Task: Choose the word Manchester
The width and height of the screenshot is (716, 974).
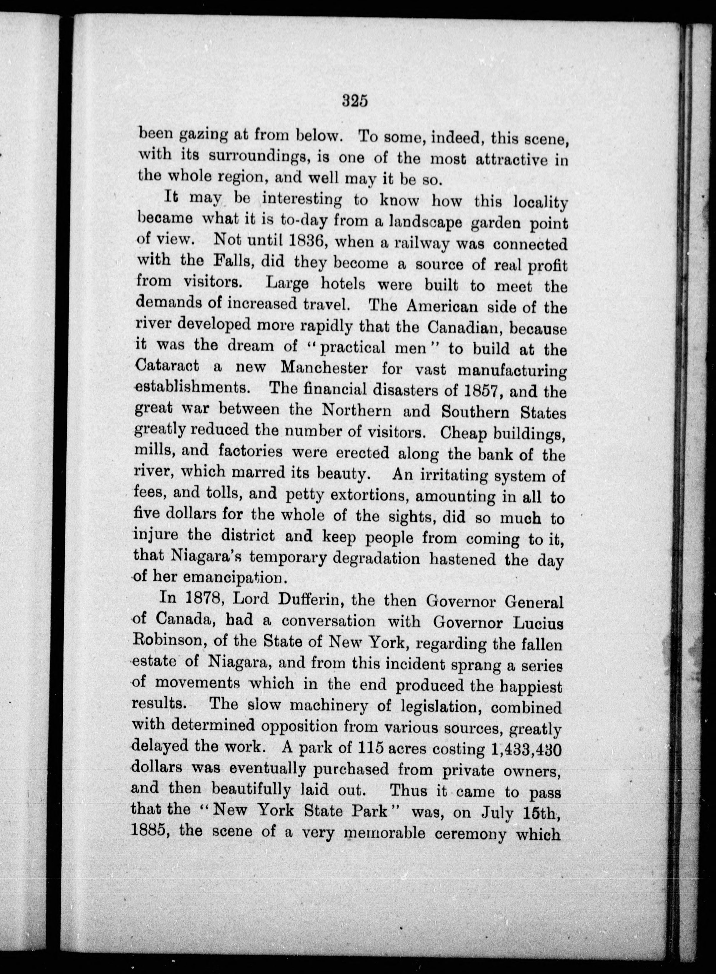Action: click(324, 368)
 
